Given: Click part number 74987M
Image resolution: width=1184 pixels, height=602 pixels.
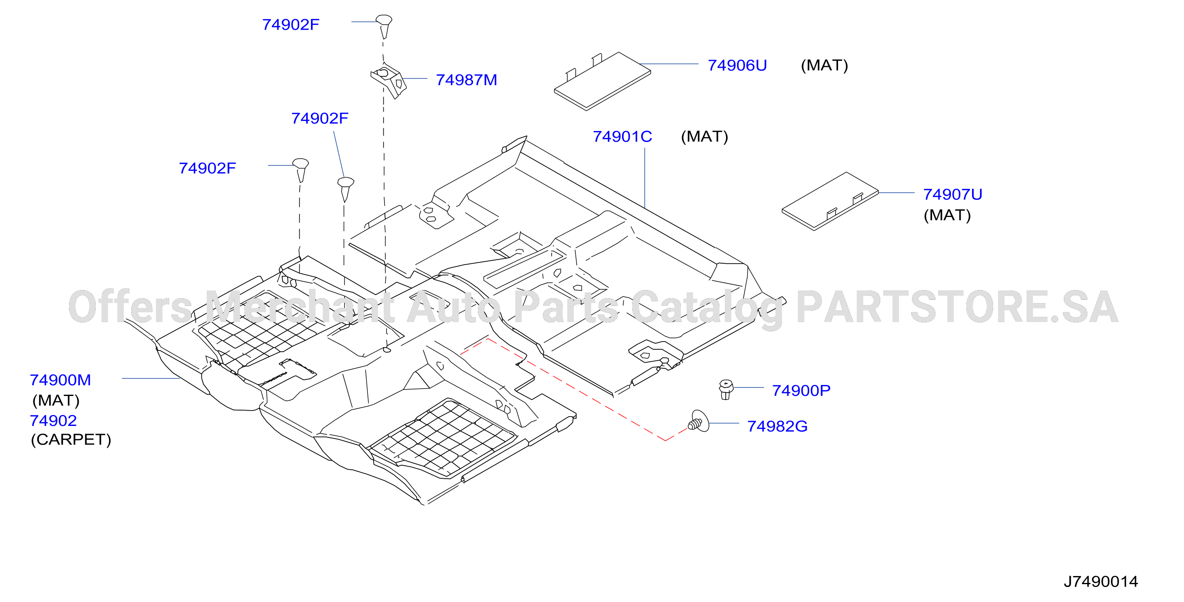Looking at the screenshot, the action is click(466, 80).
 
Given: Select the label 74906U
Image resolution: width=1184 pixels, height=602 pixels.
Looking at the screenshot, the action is click(737, 65).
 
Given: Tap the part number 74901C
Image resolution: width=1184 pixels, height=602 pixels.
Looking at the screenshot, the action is click(622, 136).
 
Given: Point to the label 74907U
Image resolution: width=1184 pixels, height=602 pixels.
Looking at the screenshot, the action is click(953, 194).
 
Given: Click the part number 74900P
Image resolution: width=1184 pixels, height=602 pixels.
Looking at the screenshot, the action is click(801, 390).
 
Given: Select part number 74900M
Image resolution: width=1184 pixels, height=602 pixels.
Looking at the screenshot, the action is click(60, 380).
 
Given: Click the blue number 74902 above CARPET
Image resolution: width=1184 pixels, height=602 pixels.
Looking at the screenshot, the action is click(53, 420).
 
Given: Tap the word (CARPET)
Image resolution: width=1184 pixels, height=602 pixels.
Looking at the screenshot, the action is click(71, 439).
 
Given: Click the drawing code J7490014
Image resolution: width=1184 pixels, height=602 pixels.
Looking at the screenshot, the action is click(1101, 581).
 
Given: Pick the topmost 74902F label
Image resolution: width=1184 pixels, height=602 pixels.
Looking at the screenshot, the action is click(290, 24).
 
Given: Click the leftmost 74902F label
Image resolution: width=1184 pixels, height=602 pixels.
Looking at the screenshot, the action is click(207, 168).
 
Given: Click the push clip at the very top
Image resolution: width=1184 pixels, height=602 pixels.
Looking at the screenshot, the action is click(384, 26).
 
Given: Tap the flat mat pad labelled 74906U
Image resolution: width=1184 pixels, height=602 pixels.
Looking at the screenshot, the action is click(603, 81).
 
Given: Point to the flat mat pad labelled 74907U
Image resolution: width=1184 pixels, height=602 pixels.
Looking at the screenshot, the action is click(830, 201).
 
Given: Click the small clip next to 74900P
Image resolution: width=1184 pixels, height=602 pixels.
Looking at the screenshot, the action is click(726, 389).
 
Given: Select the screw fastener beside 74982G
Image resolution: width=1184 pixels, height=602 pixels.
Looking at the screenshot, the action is click(698, 421).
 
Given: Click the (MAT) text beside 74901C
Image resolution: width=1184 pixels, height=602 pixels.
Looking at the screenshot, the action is click(704, 136).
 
